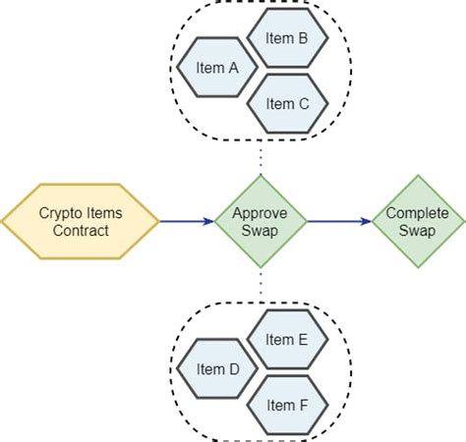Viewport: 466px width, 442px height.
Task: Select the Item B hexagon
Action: tap(288, 38)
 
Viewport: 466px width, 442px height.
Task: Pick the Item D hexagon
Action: tap(218, 371)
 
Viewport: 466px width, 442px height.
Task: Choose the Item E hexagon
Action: tap(288, 340)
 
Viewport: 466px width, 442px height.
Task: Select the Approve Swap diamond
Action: tap(260, 222)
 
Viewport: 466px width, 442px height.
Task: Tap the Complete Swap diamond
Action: tap(418, 222)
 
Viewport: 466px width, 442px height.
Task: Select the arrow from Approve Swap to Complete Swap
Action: tap(339, 222)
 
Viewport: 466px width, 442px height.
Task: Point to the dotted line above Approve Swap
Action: tap(261, 157)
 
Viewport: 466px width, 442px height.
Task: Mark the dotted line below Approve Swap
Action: tap(261, 286)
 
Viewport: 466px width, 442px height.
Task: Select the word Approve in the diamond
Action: tap(260, 213)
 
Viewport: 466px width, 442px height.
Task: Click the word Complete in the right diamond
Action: tap(418, 213)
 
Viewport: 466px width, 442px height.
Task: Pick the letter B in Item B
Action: tap(303, 38)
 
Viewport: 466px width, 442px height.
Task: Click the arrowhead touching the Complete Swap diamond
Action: tap(366, 222)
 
